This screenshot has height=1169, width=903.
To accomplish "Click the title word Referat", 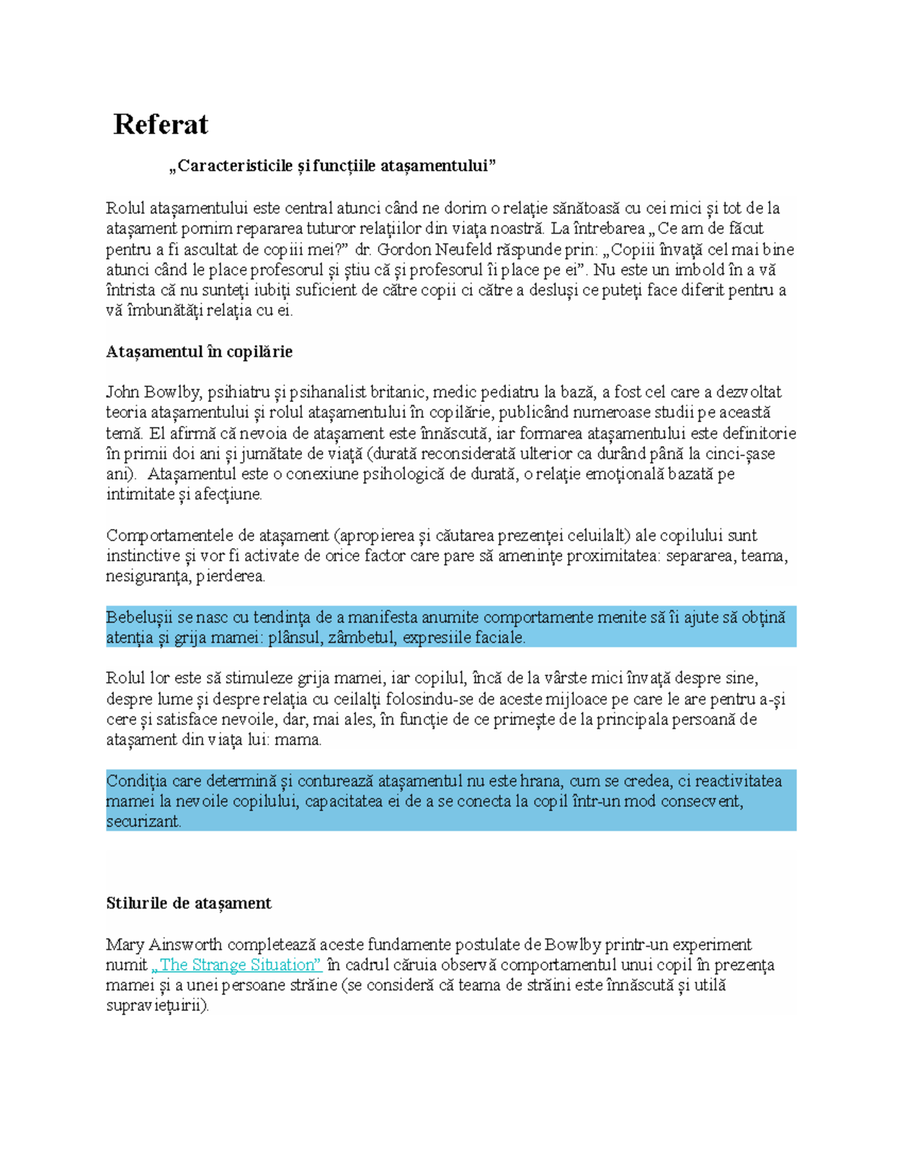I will (x=160, y=125).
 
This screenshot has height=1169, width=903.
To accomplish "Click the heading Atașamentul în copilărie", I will (x=199, y=352).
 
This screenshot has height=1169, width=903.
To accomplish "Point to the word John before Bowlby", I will (x=122, y=392).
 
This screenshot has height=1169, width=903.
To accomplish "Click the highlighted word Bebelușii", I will (x=139, y=618).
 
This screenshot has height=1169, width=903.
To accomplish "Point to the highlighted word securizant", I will (x=143, y=822).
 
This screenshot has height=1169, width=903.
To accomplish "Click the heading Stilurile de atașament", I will (x=188, y=903).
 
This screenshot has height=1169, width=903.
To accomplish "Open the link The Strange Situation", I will (x=237, y=965).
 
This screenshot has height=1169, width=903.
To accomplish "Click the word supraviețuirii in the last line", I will (x=157, y=1006).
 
